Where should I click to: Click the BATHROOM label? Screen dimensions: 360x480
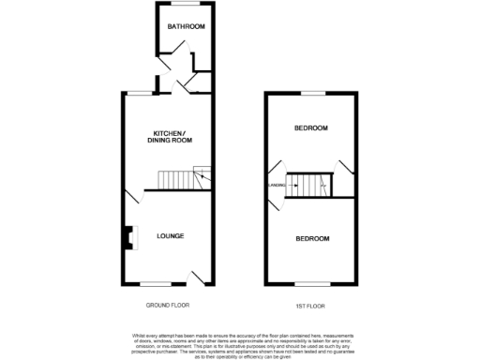coord(186,26)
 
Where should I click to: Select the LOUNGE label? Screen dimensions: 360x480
coord(170,235)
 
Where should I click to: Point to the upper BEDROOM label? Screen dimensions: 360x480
coord(311,127)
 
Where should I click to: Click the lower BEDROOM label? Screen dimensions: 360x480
coord(312,239)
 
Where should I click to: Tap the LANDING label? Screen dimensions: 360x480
coord(277,186)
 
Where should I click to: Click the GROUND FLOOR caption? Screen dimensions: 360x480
coord(169,306)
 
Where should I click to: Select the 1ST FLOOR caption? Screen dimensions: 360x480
coord(311,306)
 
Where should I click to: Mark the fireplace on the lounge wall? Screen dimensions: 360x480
coord(126,237)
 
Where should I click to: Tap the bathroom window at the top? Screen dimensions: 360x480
coord(182,5)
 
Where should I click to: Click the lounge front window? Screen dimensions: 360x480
coord(157,283)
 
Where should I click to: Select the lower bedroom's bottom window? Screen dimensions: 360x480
coord(310,283)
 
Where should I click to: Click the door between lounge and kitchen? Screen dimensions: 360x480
coord(131,198)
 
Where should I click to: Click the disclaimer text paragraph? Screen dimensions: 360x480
coord(239,345)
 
